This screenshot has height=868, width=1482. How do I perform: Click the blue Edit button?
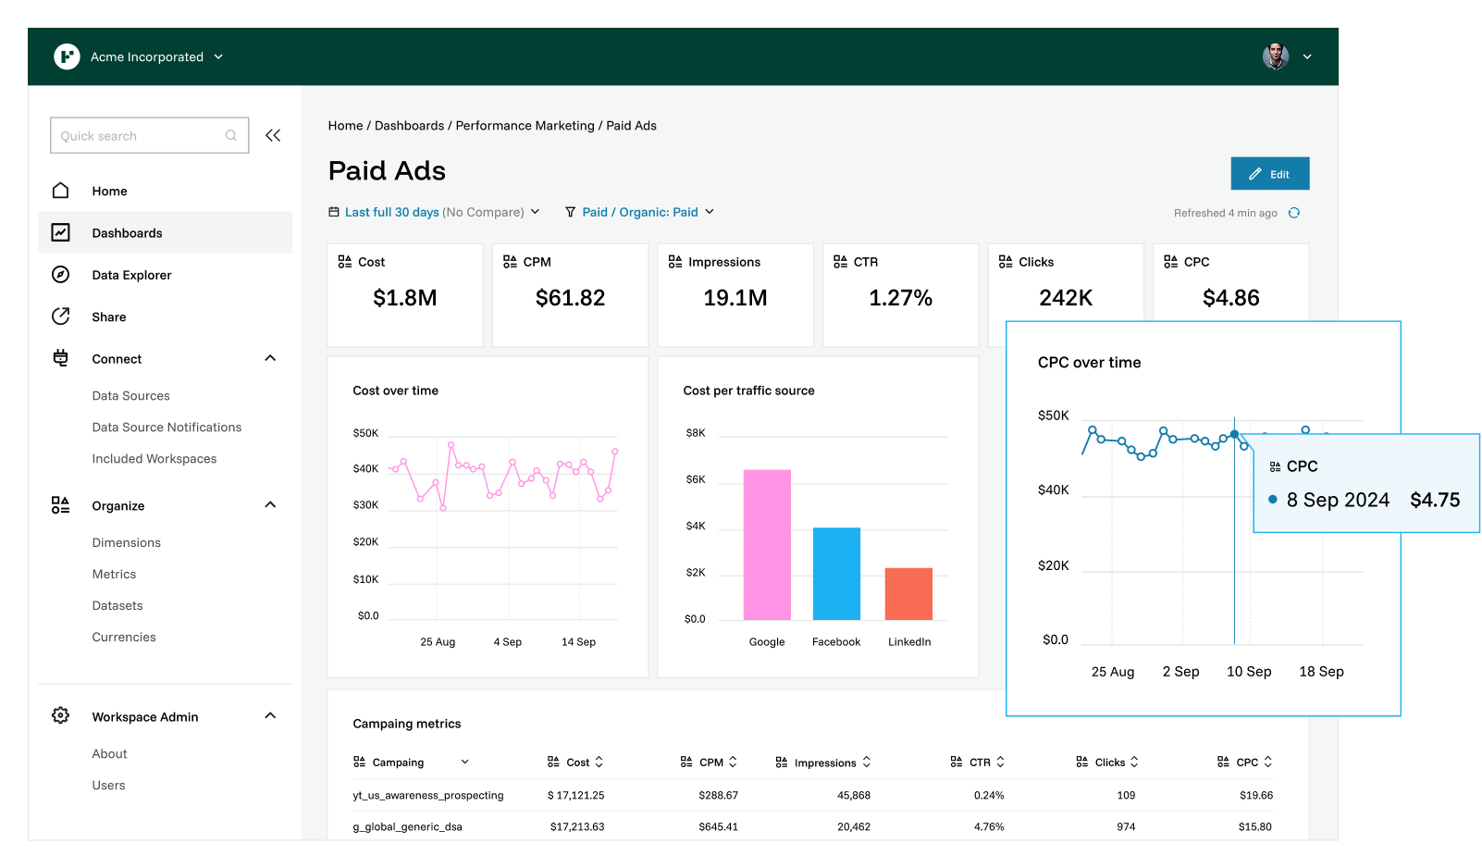coord(1269,174)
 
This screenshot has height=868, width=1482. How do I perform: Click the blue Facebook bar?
coord(836,574)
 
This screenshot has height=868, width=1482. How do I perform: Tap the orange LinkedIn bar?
coord(908,593)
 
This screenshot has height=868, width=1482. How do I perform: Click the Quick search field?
coord(139,136)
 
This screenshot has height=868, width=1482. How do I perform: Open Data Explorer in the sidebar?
coord(131,275)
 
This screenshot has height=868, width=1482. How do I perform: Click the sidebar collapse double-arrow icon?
coord(273,136)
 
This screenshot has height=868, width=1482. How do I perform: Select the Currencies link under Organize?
coord(124,638)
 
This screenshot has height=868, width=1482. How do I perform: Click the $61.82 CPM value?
coord(570,298)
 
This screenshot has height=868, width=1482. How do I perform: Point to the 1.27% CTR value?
coord(900,298)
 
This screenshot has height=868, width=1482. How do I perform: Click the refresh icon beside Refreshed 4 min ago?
coord(1294,213)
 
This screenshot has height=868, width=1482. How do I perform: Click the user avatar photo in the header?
coord(1276,56)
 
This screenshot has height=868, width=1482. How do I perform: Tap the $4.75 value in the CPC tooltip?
coord(1435,501)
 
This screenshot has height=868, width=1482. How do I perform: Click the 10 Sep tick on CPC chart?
coord(1249,672)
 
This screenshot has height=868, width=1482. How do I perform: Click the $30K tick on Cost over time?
coord(365,505)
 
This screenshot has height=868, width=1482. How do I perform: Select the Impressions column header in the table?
coord(824,763)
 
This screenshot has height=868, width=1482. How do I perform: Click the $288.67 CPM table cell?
coord(718,796)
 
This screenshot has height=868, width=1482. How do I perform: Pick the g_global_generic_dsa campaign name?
coord(407,827)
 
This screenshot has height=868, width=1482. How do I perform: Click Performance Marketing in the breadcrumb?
coord(525,126)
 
